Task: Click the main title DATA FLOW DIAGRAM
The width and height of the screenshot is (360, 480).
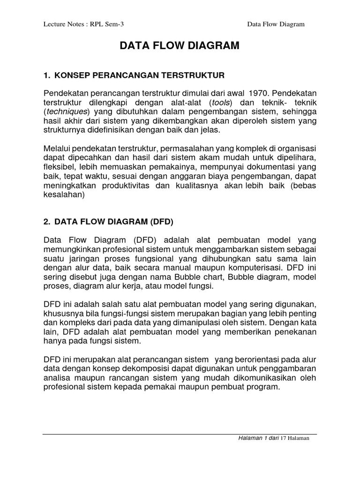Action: point(180,46)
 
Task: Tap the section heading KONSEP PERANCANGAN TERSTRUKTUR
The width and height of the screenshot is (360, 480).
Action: point(140,75)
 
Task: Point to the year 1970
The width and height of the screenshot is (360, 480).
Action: point(258,92)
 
